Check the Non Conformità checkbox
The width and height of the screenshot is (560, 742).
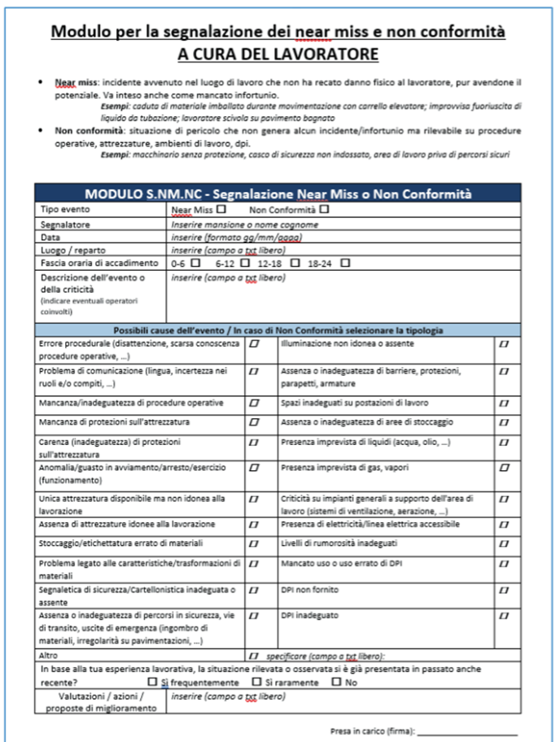click(325, 209)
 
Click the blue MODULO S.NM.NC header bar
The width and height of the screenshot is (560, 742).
click(279, 194)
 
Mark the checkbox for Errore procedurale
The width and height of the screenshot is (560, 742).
click(256, 345)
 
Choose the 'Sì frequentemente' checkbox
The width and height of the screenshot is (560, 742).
click(152, 682)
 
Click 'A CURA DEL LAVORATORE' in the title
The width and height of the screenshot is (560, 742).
click(279, 55)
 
